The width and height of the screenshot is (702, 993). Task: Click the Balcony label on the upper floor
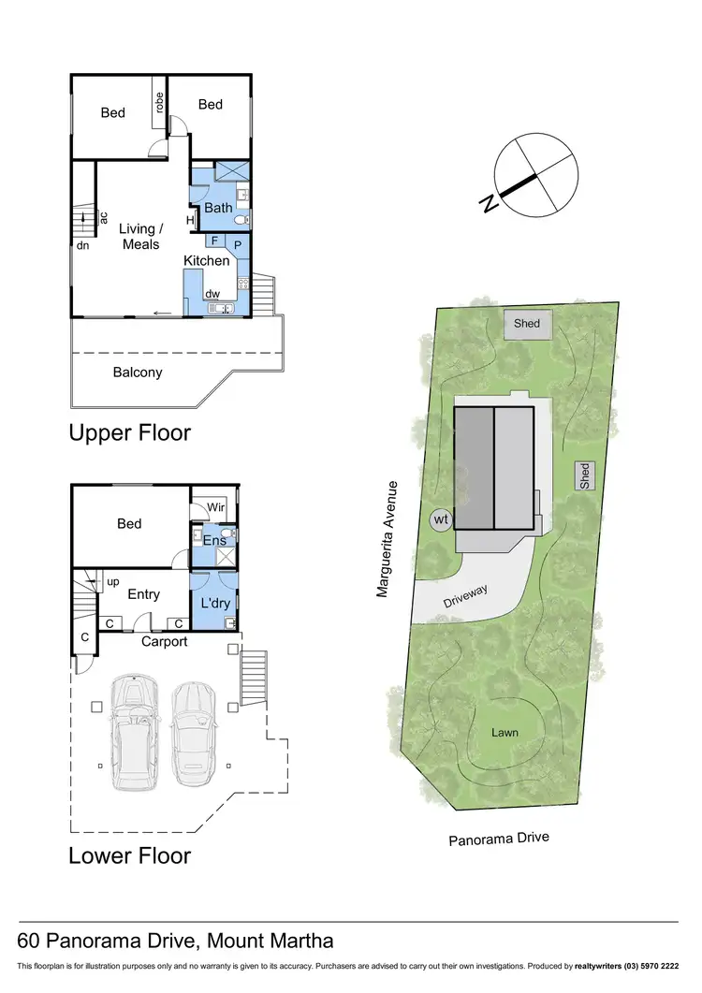[139, 372]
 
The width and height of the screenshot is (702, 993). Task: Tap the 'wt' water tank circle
[440, 519]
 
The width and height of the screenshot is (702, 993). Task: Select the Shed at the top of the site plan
[527, 324]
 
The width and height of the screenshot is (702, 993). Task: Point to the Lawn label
[505, 732]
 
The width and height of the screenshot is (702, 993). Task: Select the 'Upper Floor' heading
[130, 433]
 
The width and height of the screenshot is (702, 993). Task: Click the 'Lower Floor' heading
[130, 855]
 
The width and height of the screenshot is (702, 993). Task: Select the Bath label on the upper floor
[218, 208]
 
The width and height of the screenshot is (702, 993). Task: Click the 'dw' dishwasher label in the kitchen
[213, 294]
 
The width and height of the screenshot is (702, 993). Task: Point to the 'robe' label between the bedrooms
[160, 104]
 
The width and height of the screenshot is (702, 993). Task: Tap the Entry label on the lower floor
[143, 594]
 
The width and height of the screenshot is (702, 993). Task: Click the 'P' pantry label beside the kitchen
[238, 243]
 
